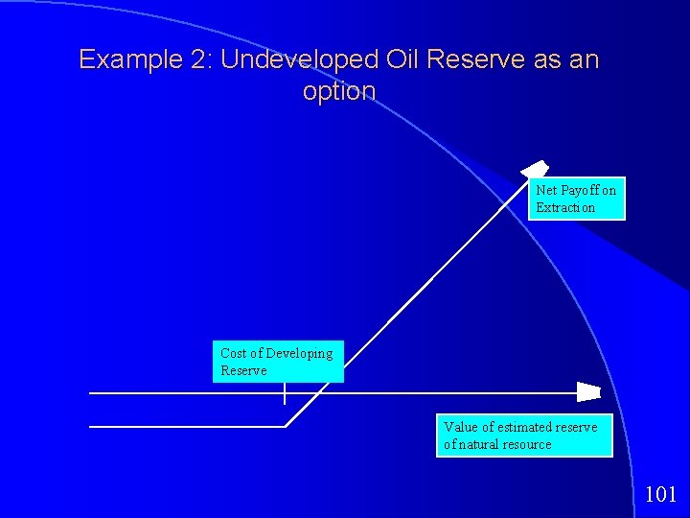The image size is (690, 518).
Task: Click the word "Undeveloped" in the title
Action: click(x=300, y=59)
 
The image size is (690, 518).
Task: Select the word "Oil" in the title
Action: click(x=403, y=59)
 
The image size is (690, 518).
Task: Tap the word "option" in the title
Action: click(x=338, y=92)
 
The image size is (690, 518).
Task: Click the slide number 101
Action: click(x=660, y=495)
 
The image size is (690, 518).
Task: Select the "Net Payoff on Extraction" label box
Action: click(x=576, y=200)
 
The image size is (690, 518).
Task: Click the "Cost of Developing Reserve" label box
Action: click(x=277, y=362)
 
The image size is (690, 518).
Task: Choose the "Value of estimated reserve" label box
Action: click(x=523, y=436)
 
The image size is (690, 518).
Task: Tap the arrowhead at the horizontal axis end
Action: click(x=587, y=392)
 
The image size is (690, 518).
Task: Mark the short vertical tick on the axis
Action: click(x=285, y=393)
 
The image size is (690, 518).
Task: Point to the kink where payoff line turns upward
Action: click(x=287, y=425)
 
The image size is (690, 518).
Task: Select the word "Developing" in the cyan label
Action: click(x=299, y=353)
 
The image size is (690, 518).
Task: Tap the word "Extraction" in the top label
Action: click(x=565, y=208)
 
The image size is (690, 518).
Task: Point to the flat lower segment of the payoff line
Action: click(x=187, y=425)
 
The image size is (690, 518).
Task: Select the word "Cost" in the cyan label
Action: click(x=233, y=353)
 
